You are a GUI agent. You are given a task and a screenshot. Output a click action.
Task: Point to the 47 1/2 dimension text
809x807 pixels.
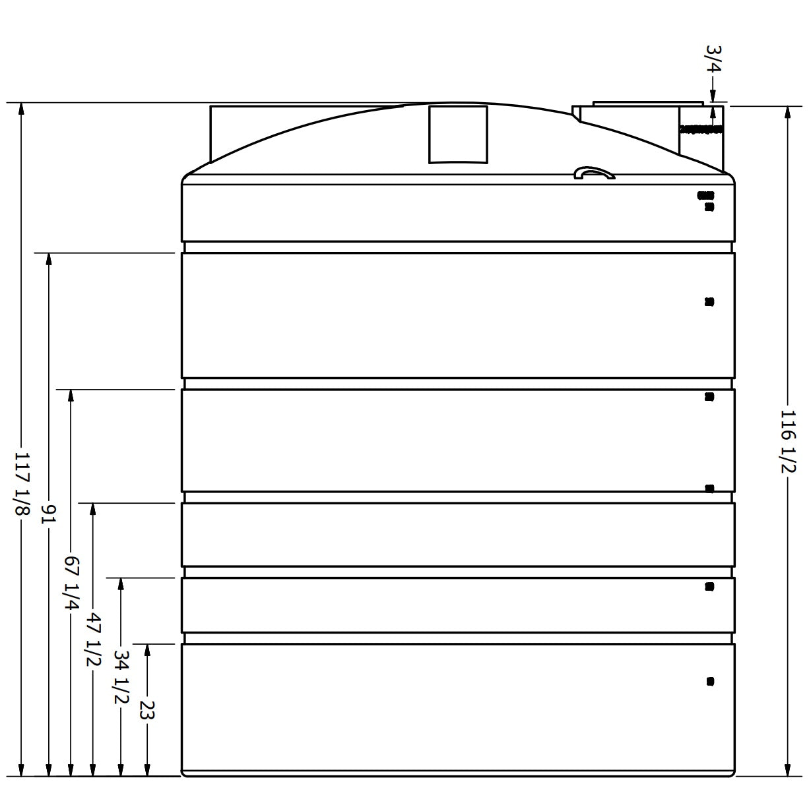point(93,639)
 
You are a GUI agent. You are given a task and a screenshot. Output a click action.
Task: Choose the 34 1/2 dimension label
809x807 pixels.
point(120,676)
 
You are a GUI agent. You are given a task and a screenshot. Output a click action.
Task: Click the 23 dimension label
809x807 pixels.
point(146,710)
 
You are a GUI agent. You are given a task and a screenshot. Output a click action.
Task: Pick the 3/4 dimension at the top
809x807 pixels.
point(713,59)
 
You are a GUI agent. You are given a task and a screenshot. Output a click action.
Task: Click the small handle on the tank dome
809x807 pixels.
point(594,173)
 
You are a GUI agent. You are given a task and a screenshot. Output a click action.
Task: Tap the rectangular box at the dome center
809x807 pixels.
point(458,134)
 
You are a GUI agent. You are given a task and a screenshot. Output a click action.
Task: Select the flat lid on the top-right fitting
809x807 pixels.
point(648,104)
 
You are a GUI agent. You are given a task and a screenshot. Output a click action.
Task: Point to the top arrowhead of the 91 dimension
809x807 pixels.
point(48,258)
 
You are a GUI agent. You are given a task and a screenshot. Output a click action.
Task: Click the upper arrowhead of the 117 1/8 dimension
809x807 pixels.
point(21,109)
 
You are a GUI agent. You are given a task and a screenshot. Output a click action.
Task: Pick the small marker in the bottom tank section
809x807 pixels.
point(710,681)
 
